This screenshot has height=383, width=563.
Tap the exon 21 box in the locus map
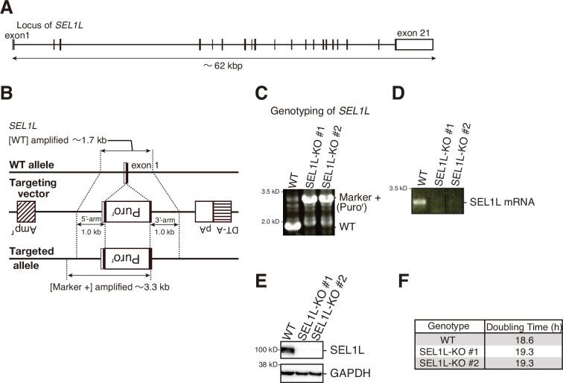point(413,44)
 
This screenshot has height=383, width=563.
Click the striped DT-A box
point(222,210)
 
